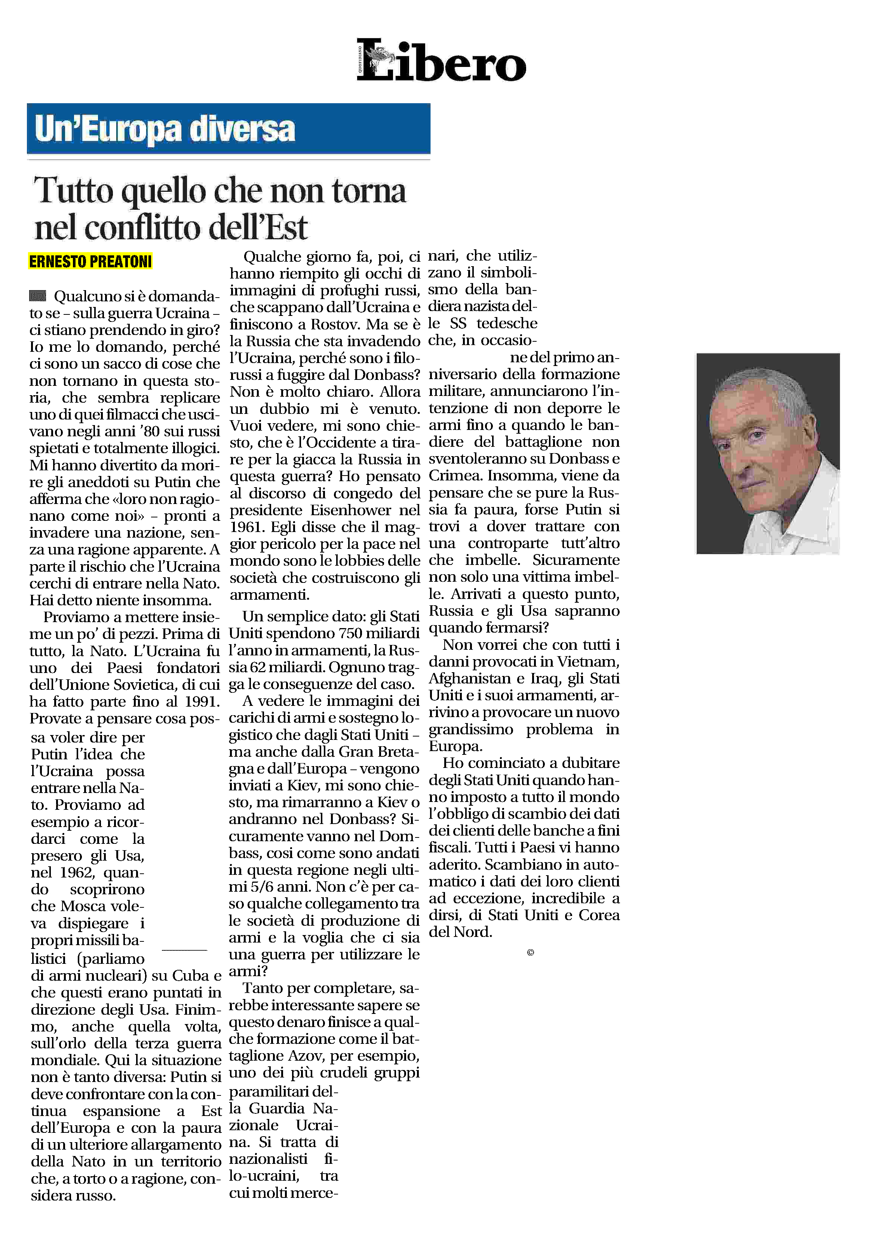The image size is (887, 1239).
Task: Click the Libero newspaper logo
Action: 441,61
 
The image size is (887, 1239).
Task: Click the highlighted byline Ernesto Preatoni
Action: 90,262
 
